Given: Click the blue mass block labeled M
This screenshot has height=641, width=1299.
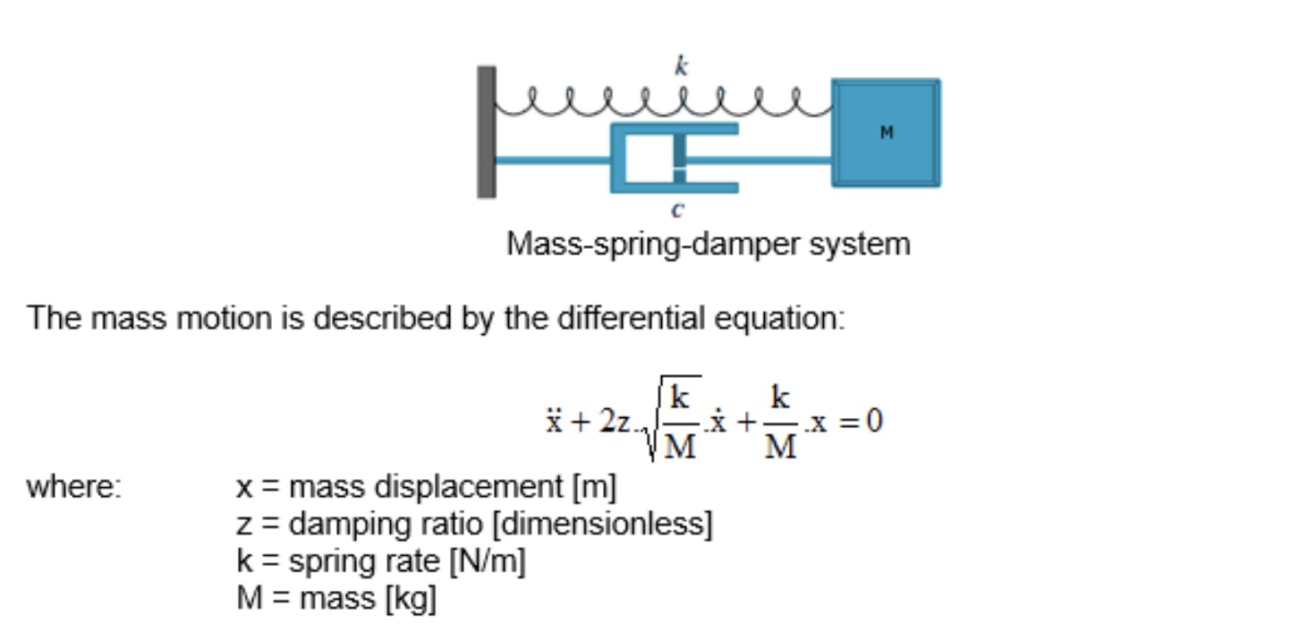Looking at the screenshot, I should click(x=886, y=132).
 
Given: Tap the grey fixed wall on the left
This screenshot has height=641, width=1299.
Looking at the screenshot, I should click(x=486, y=132).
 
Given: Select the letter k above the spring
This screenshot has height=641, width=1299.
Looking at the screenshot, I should click(x=681, y=67).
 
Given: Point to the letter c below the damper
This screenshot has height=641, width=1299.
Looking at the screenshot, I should click(x=677, y=210).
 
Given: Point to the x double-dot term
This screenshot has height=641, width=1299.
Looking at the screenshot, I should click(x=555, y=421).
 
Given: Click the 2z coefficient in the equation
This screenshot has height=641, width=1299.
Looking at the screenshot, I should click(x=615, y=421).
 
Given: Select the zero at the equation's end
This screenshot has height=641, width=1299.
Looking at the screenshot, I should click(x=874, y=420).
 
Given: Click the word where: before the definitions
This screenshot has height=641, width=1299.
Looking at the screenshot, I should click(x=74, y=488).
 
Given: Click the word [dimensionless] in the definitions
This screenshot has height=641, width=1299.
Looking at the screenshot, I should click(x=602, y=525).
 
